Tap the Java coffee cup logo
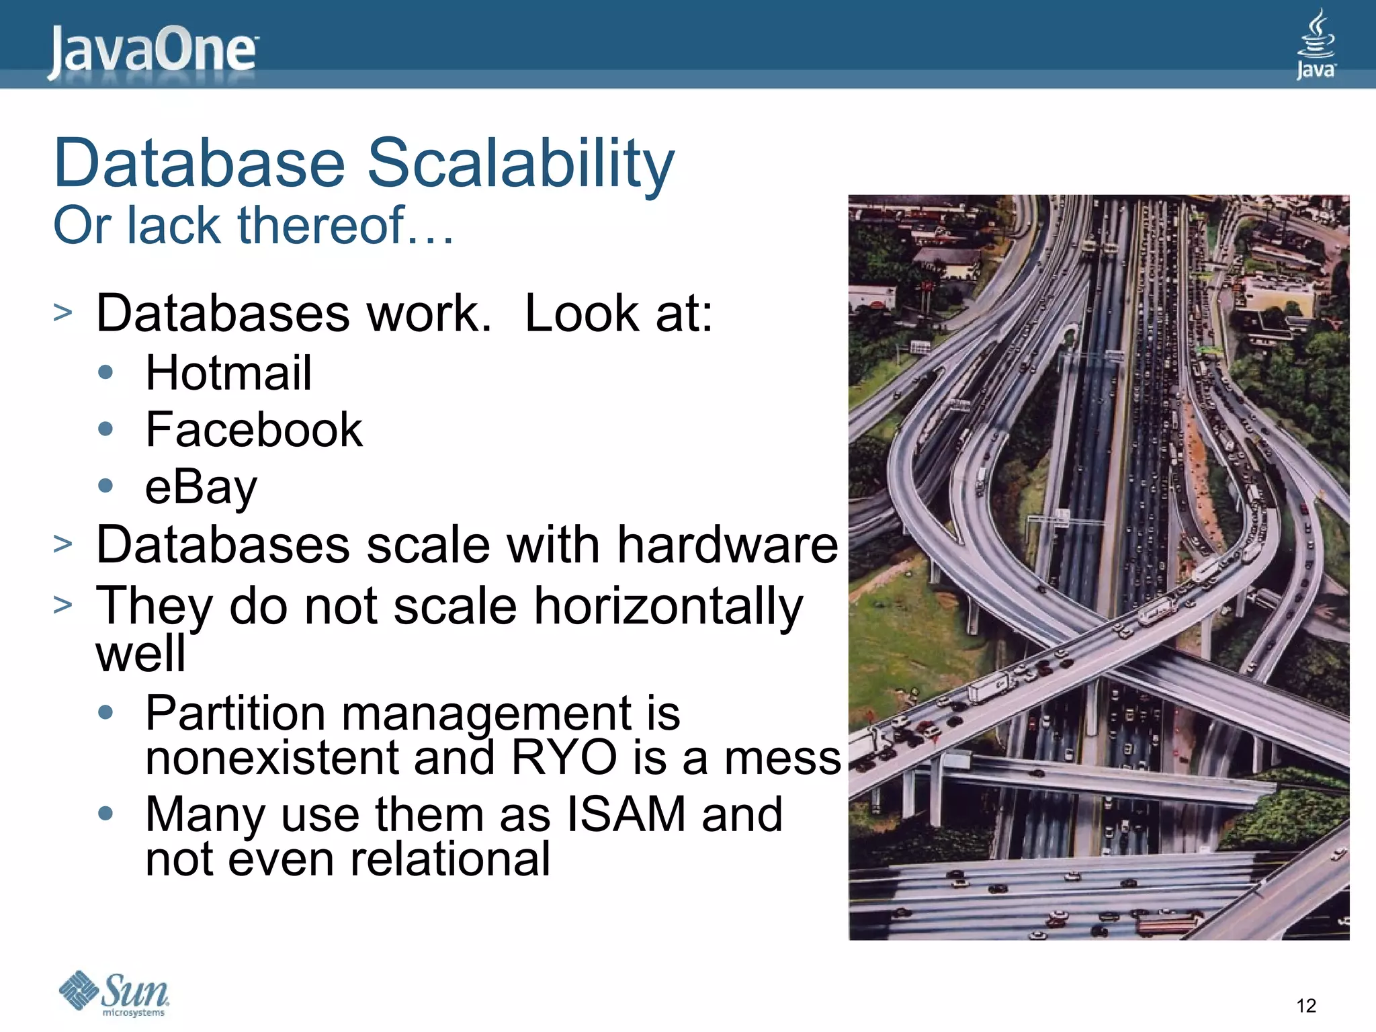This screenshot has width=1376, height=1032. (1316, 44)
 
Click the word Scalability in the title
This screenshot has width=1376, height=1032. (520, 163)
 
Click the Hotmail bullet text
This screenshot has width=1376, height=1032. (228, 373)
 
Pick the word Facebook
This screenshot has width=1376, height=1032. (254, 430)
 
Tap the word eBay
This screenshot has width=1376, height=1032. (201, 487)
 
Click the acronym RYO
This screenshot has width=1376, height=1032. (564, 758)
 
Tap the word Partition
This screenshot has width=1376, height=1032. (235, 714)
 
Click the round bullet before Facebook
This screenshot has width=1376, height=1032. (105, 429)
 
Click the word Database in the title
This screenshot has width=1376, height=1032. (200, 163)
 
